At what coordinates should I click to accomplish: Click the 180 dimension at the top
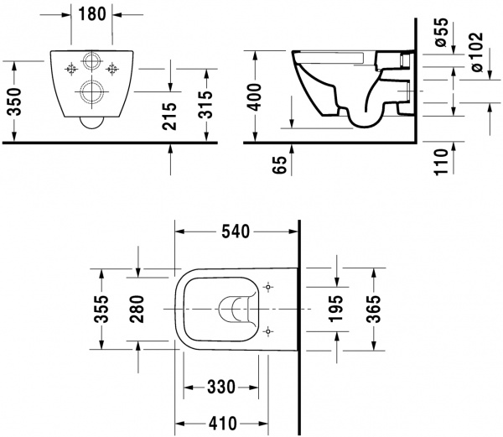[x=91, y=13]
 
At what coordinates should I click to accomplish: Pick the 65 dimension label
[x=280, y=160]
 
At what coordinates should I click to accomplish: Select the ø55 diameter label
[x=443, y=34]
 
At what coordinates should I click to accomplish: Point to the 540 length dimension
[x=236, y=231]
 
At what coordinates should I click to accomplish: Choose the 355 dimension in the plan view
[x=101, y=310]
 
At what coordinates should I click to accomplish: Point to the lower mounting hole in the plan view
[x=267, y=332]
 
